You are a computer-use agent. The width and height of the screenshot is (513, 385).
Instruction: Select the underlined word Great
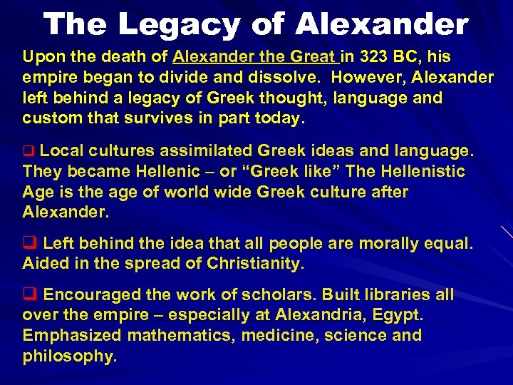(313, 56)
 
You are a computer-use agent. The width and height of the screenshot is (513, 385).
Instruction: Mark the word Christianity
(255, 264)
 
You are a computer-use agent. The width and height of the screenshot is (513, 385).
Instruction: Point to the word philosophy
(68, 356)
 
